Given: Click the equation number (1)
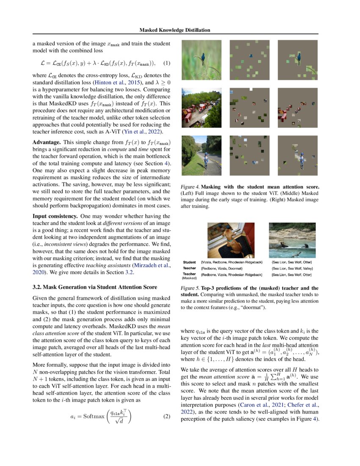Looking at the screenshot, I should click(166, 64).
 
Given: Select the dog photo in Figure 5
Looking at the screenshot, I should click(231, 240).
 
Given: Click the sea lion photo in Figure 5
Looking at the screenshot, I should click(292, 240).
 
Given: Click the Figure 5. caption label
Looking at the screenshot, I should click(189, 288).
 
